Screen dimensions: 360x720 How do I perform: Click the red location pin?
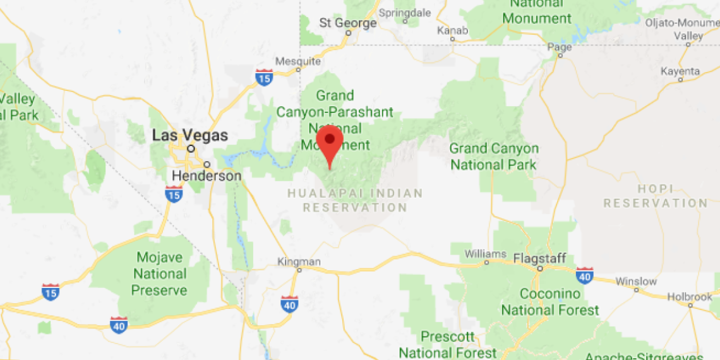[x=329, y=143]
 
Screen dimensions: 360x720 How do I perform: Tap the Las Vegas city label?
[x=189, y=135]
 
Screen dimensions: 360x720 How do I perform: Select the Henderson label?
[x=207, y=176]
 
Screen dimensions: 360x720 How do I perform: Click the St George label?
[x=348, y=23]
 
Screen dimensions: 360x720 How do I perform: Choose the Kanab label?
[x=453, y=30]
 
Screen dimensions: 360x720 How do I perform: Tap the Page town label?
[x=560, y=47]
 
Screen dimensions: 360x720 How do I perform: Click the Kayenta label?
[x=680, y=71]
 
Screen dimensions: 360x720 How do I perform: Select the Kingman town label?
[x=299, y=261]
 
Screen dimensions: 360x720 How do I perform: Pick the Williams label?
[x=486, y=254]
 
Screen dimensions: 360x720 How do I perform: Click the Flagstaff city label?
[x=539, y=258]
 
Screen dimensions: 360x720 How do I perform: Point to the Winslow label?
[x=636, y=281]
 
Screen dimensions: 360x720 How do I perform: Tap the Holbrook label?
[x=690, y=296]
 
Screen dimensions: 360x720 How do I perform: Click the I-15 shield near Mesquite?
[x=264, y=78]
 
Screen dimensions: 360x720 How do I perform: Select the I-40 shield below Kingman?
[x=290, y=303]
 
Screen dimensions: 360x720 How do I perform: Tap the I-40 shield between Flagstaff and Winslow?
[x=584, y=275]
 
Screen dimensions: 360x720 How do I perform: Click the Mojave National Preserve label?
[x=160, y=273]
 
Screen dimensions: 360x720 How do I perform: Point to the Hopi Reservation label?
[x=656, y=196]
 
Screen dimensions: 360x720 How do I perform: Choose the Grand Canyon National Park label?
[x=494, y=157]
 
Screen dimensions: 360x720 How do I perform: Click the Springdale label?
[x=405, y=12]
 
